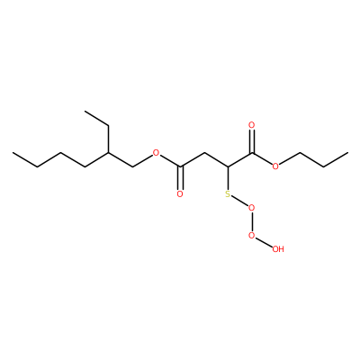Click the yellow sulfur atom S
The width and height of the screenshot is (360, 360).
pyautogui.click(x=228, y=194)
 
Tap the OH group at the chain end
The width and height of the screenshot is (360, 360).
pyautogui.click(x=278, y=248)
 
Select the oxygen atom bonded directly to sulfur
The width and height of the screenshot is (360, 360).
pyautogui.click(x=252, y=208)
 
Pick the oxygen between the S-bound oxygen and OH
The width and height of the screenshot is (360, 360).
pyautogui.click(x=252, y=235)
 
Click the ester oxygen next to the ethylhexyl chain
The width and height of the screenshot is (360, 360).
pyautogui.click(x=156, y=153)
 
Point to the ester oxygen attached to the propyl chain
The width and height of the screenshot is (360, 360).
pyautogui.click(x=276, y=166)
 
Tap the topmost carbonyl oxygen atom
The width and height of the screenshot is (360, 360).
pyautogui.click(x=252, y=125)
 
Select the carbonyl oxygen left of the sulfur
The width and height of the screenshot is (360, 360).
pyautogui.click(x=180, y=194)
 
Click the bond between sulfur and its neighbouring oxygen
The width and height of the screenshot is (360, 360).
pyautogui.click(x=240, y=201)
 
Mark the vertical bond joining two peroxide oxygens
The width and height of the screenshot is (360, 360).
pyautogui.click(x=252, y=221)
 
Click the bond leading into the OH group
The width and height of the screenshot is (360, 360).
pyautogui.click(x=264, y=242)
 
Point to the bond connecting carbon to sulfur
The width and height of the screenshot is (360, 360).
pyautogui.click(x=228, y=178)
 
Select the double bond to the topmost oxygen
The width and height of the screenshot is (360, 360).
pyautogui.click(x=252, y=141)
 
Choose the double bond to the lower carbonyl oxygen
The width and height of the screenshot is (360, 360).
pyautogui.click(x=180, y=178)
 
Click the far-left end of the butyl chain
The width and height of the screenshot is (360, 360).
pyautogui.click(x=13, y=153)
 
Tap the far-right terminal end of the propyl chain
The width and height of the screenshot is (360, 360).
pyautogui.click(x=347, y=153)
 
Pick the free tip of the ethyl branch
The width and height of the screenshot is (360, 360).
pyautogui.click(x=85, y=112)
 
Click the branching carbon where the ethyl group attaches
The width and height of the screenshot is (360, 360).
pyautogui.click(x=108, y=153)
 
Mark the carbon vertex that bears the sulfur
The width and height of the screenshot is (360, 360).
pyautogui.click(x=228, y=166)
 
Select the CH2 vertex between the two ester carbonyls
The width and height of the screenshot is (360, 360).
pyautogui.click(x=204, y=153)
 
